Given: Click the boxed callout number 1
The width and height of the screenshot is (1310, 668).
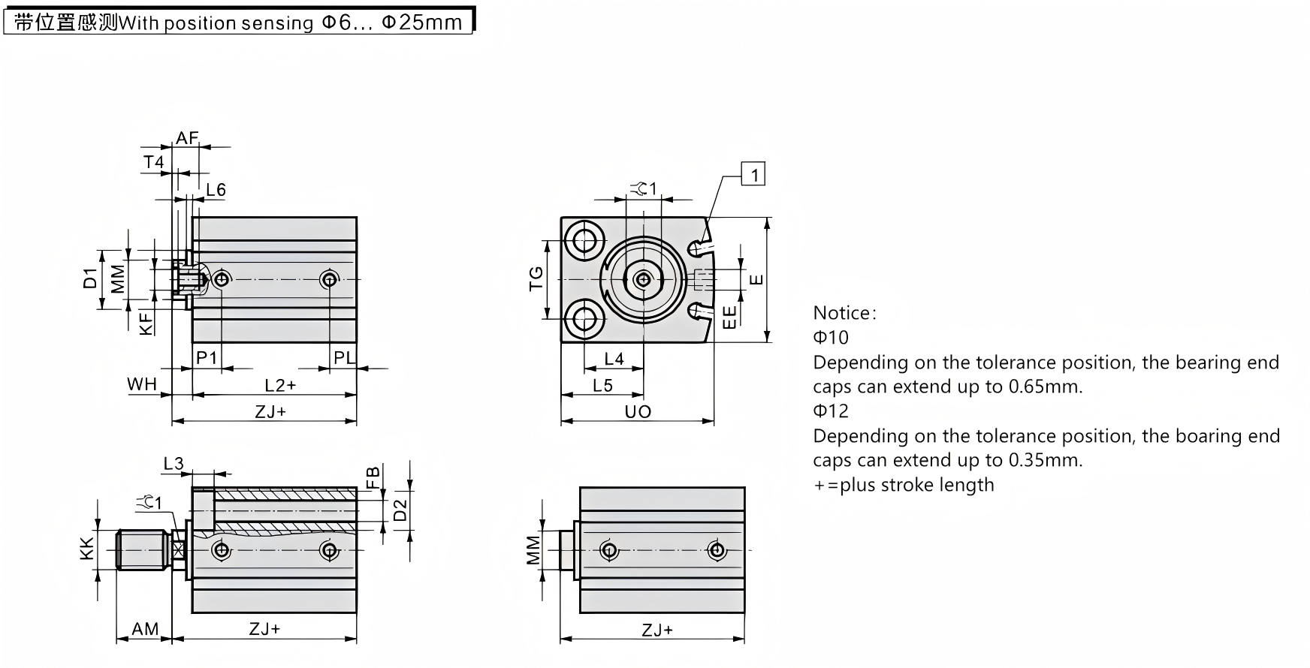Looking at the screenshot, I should (x=753, y=175).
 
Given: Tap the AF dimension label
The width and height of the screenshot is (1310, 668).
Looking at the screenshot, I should (x=186, y=138).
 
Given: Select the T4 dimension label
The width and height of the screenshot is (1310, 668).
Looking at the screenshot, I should (x=153, y=162).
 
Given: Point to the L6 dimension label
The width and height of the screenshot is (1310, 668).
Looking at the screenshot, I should (x=216, y=190).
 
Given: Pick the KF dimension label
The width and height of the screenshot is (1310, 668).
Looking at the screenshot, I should (x=147, y=323).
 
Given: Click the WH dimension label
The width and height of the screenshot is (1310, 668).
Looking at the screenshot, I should (x=141, y=384).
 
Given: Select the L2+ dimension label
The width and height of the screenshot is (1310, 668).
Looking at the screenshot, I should (x=280, y=385).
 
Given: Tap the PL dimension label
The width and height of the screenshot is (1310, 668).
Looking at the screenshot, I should (x=344, y=358).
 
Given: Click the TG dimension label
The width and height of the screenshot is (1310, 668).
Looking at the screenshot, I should (x=536, y=279).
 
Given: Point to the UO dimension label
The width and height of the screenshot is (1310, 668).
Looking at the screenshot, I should (x=638, y=412).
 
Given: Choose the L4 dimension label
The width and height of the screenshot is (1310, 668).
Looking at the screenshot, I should (x=614, y=360).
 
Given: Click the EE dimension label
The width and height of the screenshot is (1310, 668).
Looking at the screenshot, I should (x=729, y=316).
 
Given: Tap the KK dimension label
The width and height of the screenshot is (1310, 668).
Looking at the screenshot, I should (x=87, y=549).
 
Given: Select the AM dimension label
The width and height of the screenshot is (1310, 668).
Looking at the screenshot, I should (x=145, y=629).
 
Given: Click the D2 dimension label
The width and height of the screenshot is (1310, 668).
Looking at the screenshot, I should (x=400, y=510).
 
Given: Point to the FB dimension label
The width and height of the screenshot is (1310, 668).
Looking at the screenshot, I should (x=372, y=478).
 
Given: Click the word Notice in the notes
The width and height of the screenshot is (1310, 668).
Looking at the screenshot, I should (x=842, y=313).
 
